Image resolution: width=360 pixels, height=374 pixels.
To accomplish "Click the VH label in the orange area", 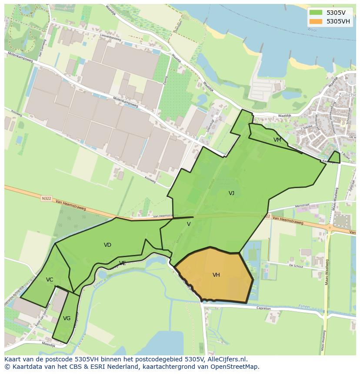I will coord(216,275).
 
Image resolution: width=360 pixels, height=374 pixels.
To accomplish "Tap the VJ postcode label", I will coord(231,193).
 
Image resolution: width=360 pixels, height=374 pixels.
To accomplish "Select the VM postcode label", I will coord(277,140).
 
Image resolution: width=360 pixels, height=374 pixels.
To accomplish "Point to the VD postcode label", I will coord(107,245).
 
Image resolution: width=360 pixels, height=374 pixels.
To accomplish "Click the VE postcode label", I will coord(123,263).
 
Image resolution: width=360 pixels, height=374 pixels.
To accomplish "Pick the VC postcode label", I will coord(50,280).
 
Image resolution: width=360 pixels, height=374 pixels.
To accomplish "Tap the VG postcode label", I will coord(67,318).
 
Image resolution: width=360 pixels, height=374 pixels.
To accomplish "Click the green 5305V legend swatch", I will coord(316,12).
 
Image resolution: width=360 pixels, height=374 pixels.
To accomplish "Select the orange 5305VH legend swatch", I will coord(316,21).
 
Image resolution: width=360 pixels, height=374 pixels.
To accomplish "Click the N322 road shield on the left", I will coord(47,199).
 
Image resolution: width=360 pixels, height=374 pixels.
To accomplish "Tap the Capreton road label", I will coord(263,308).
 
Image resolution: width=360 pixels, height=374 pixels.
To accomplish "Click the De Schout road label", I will coord(296,266).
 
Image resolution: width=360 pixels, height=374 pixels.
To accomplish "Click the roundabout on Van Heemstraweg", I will coord(330,227).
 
